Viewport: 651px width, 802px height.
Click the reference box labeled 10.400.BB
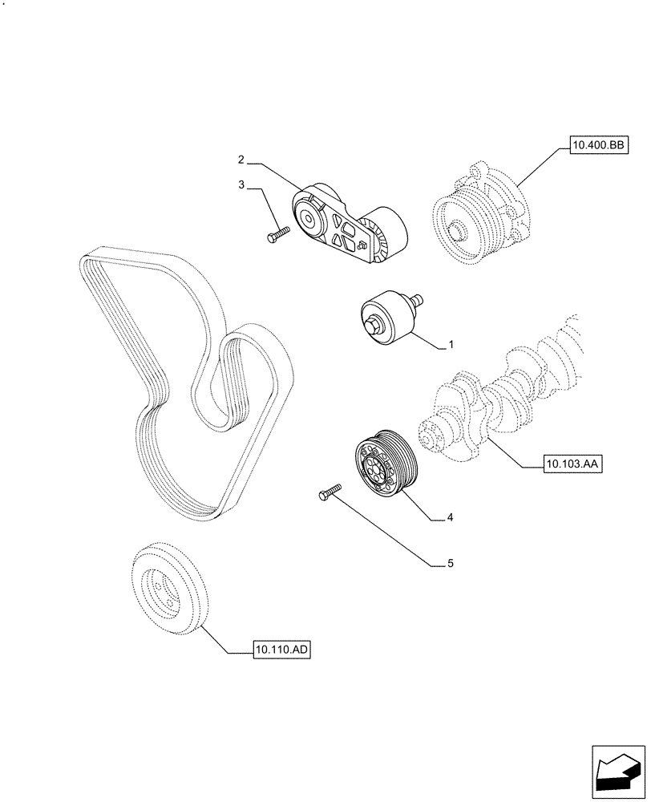coord(597,145)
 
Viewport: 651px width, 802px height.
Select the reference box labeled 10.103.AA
coord(572,464)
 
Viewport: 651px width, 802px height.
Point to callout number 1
coord(451,345)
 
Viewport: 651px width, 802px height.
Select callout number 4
coord(451,518)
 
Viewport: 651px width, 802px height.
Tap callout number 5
coord(451,564)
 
